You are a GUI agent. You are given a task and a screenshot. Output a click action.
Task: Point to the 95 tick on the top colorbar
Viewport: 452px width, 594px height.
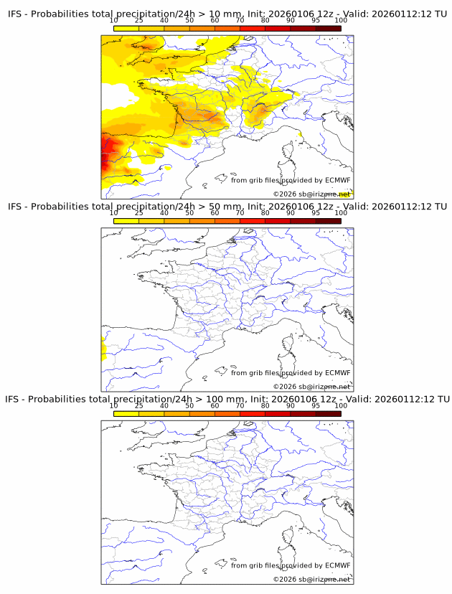pyautogui.click(x=316, y=21)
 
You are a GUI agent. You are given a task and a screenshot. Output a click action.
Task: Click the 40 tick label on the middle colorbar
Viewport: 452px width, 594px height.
pyautogui.click(x=164, y=213)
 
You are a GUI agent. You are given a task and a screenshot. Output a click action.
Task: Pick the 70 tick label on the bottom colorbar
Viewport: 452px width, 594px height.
pyautogui.click(x=240, y=405)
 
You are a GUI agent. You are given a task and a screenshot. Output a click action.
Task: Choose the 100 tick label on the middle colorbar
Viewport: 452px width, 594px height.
pyautogui.click(x=341, y=213)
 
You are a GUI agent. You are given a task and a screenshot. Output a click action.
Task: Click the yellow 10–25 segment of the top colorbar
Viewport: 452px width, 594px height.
pyautogui.click(x=126, y=29)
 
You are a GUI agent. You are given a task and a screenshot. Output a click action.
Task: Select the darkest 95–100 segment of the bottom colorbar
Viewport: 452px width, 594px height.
pyautogui.click(x=328, y=413)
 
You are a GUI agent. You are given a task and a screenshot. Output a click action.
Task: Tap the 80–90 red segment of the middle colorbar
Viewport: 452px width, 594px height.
pyautogui.click(x=278, y=221)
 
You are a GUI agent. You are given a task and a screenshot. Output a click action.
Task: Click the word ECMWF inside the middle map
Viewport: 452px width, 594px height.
pyautogui.click(x=337, y=373)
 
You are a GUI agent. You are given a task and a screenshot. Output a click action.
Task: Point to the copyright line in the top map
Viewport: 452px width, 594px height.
pyautogui.click(x=311, y=194)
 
